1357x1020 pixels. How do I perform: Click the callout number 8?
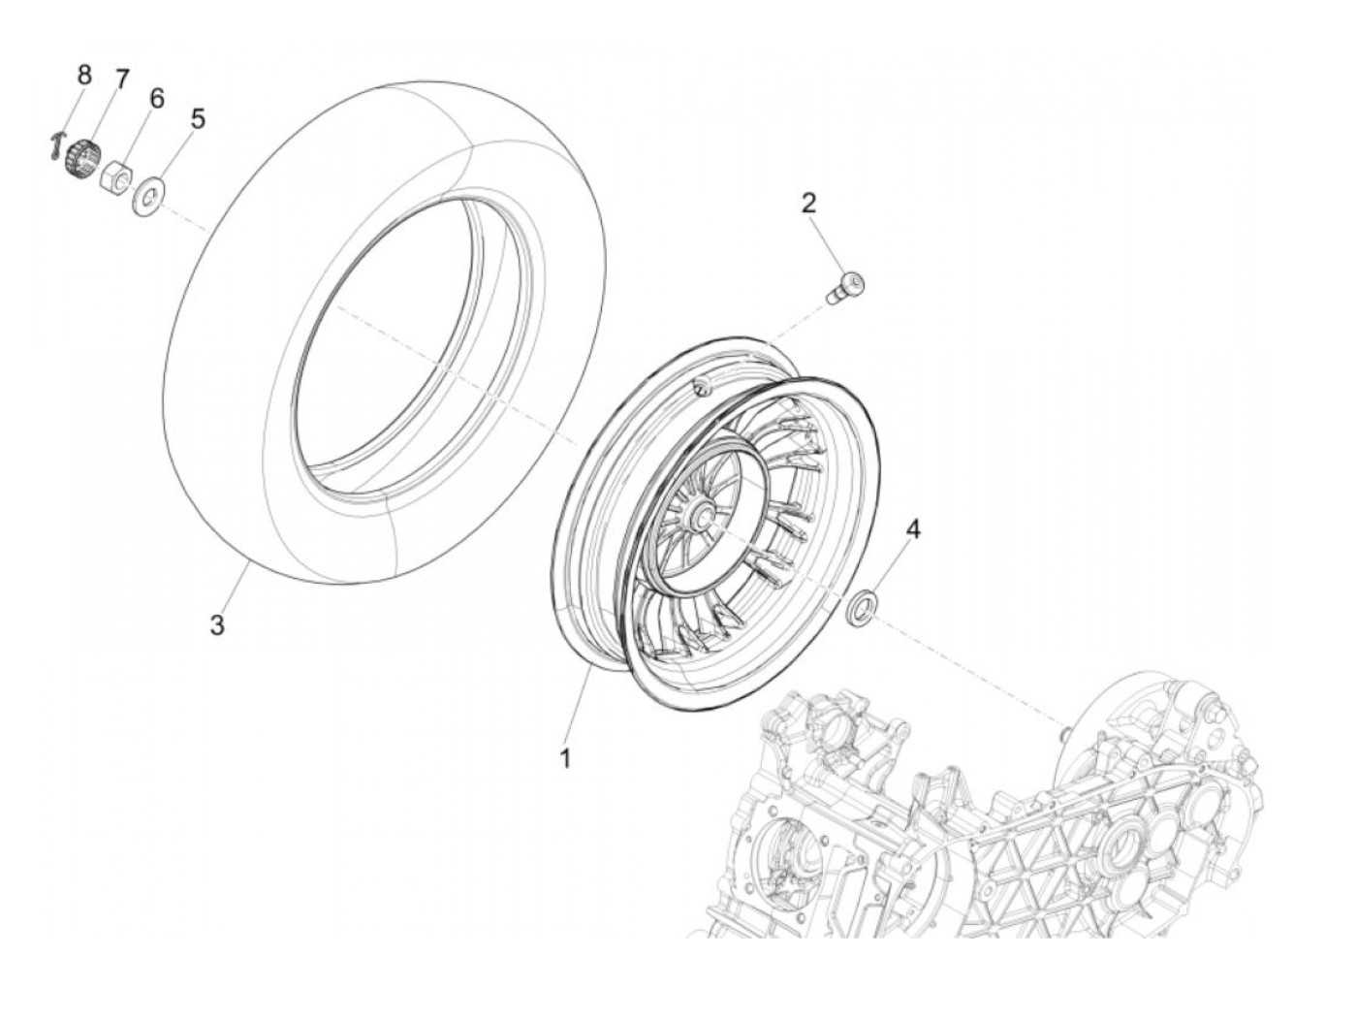pyautogui.click(x=84, y=74)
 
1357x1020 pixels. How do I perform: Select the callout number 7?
pyautogui.click(x=121, y=80)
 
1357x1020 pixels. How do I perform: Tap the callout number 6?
pyautogui.click(x=156, y=98)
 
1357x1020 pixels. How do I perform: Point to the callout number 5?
pyautogui.click(x=198, y=119)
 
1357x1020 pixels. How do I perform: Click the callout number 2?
pyautogui.click(x=808, y=203)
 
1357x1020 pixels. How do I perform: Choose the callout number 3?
pyautogui.click(x=217, y=625)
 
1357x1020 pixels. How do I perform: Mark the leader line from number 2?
pyautogui.click(x=825, y=242)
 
